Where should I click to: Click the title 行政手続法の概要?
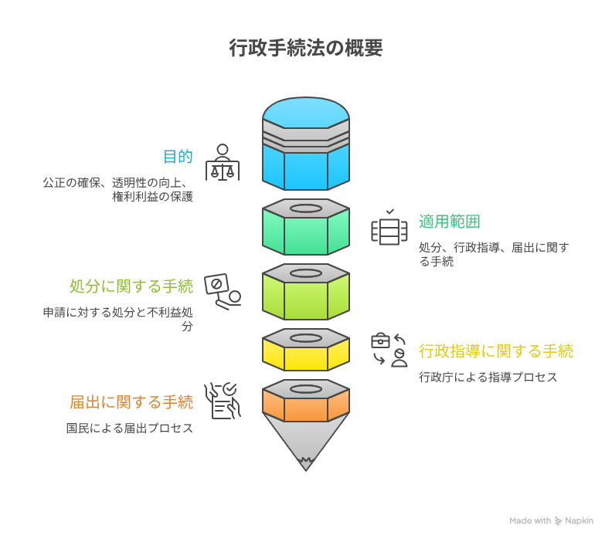pos(305,49)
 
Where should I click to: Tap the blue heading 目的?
pos(178,157)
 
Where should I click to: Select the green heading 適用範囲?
pos(450,222)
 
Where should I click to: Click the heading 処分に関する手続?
pos(131,286)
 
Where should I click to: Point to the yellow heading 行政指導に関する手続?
pos(496,351)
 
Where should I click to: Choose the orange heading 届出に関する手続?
pos(131,402)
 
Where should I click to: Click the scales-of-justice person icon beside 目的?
pos(223,162)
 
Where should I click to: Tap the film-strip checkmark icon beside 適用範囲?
pos(389,228)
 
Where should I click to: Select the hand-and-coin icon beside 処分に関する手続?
pos(223,291)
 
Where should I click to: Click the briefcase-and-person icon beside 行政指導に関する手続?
pos(389,350)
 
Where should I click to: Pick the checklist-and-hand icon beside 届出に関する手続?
pos(223,401)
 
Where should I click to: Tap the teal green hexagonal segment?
pos(306,232)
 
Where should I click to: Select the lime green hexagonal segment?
pos(306,297)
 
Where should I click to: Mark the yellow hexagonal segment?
pos(306,355)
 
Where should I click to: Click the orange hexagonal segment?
pos(306,404)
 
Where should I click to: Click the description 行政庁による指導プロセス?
pos(488,378)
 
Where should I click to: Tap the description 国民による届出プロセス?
pos(130,429)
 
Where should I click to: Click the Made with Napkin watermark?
pos(551,521)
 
